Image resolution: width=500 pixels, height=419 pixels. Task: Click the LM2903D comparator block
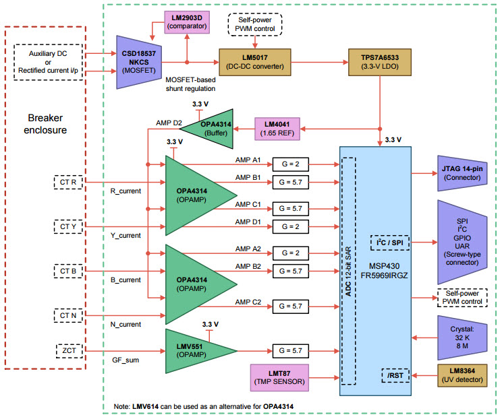(186, 24)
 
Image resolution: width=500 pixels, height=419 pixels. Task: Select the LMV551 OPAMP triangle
(196, 350)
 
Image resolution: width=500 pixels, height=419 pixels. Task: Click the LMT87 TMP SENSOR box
(279, 378)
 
